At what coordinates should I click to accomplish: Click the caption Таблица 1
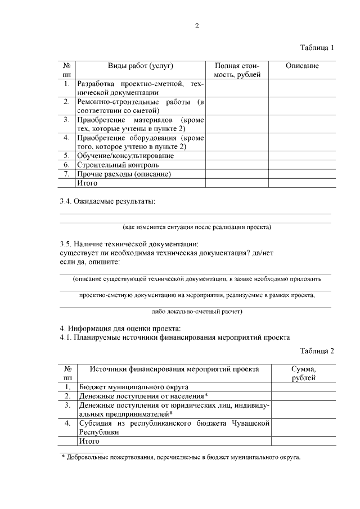(317, 47)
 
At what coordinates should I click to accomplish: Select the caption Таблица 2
(317, 351)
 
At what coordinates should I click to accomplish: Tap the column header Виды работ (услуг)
(140, 66)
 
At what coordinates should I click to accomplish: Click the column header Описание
(302, 66)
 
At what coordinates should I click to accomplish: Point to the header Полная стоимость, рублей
(236, 70)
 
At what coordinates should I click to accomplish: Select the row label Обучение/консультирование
(125, 155)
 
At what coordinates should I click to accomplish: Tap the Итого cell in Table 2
(89, 442)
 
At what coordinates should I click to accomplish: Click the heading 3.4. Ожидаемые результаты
(107, 201)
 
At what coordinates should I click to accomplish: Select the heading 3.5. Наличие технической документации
(129, 244)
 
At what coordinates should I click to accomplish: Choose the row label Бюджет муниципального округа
(134, 387)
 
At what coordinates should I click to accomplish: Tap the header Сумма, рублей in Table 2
(303, 373)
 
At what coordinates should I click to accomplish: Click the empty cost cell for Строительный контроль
(236, 165)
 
